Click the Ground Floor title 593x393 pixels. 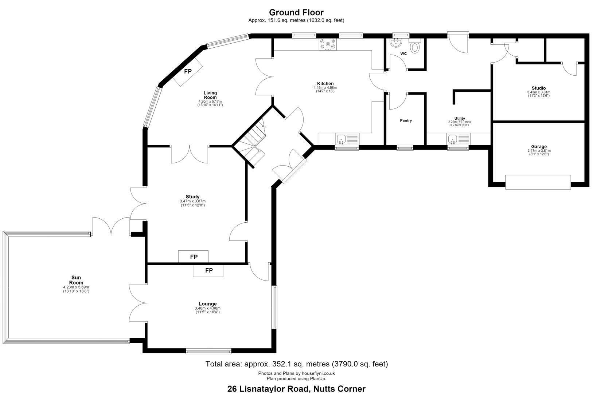[x=296, y=12]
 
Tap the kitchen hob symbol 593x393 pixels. [x=328, y=44]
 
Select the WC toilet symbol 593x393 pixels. [x=414, y=46]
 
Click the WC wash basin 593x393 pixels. [x=396, y=43]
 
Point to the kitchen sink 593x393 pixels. [x=347, y=139]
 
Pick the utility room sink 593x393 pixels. [x=458, y=139]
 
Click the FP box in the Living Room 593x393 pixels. [x=188, y=71]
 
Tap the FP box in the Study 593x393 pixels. [x=193, y=257]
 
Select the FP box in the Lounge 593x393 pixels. [x=208, y=271]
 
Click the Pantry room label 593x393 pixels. [x=406, y=120]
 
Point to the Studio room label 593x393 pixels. [x=539, y=88]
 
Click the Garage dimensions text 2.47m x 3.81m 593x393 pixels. [x=539, y=151]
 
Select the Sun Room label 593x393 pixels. [x=76, y=280]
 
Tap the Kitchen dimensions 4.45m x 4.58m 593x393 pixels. [x=325, y=88]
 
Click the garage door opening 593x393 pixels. [x=538, y=182]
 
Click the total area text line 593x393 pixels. [x=297, y=364]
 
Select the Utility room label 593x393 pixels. [x=460, y=119]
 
